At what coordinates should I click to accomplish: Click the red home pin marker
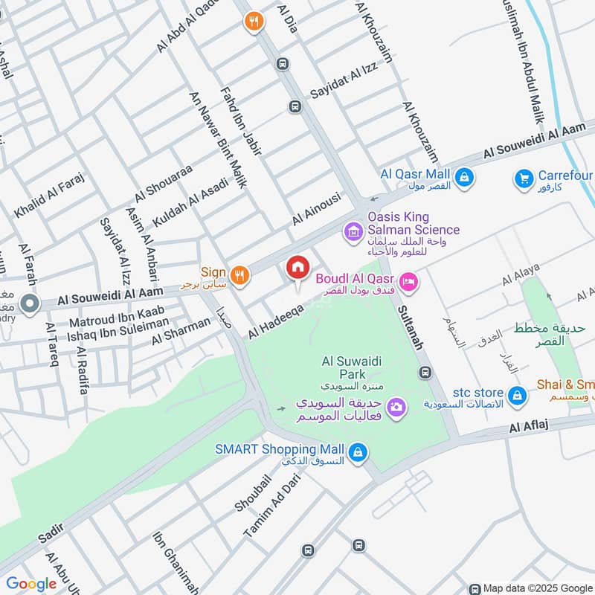click(297, 268)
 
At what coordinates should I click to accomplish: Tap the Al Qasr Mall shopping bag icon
click(464, 178)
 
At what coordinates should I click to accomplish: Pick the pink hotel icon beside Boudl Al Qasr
click(408, 281)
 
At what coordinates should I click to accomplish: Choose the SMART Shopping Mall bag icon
click(358, 451)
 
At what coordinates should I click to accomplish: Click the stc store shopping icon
click(517, 393)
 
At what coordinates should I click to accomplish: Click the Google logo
click(31, 584)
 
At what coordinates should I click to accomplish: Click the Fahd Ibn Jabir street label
click(242, 122)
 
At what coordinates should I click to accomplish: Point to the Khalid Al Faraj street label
click(50, 196)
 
